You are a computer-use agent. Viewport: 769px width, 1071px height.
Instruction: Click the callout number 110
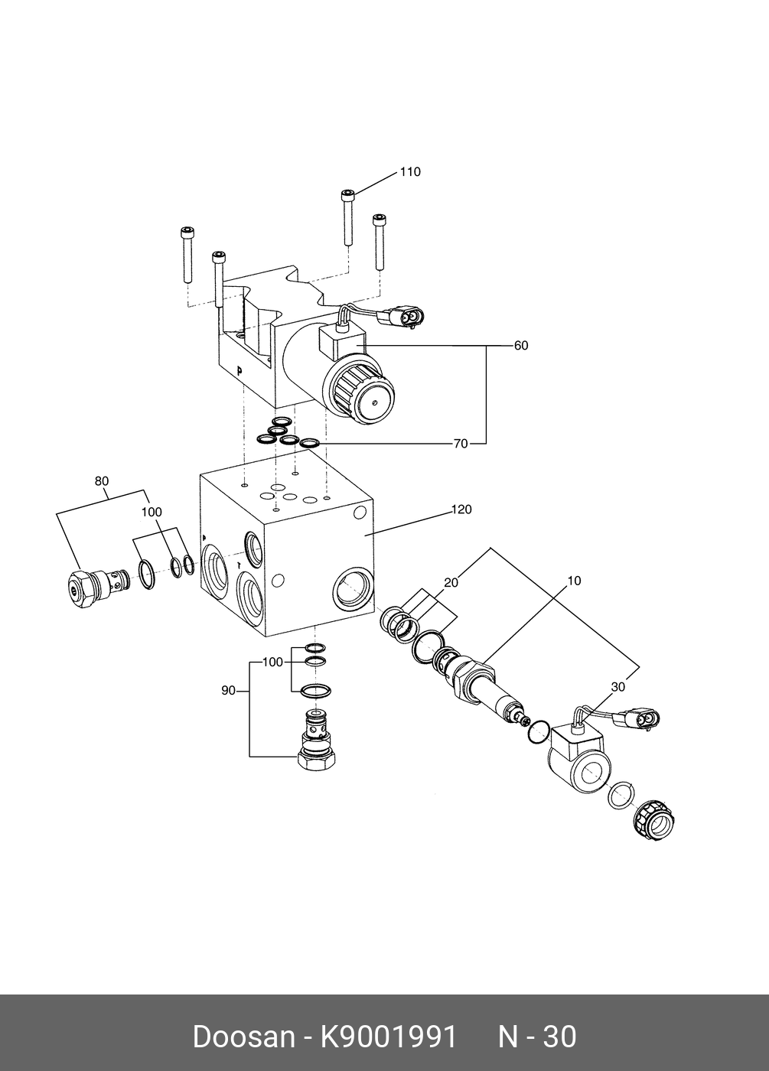click(410, 172)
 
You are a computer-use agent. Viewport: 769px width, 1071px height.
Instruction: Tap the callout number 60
click(520, 346)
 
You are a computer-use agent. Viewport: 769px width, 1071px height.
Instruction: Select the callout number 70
click(460, 444)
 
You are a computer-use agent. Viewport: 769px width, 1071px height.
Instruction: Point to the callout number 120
click(461, 509)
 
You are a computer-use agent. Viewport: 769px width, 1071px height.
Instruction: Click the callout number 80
click(102, 481)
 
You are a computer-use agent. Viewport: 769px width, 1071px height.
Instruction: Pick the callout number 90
click(228, 691)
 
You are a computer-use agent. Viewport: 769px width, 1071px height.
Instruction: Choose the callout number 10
click(574, 581)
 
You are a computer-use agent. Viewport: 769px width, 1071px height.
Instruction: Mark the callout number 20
click(451, 583)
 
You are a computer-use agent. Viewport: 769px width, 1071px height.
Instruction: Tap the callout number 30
click(618, 687)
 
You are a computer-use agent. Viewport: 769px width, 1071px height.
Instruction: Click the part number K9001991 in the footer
click(388, 1037)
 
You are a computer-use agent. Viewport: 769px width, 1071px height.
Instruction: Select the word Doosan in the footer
click(243, 1037)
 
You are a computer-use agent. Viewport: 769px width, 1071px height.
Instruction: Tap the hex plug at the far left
click(80, 591)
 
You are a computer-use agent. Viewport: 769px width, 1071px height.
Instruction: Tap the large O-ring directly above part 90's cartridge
click(315, 690)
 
